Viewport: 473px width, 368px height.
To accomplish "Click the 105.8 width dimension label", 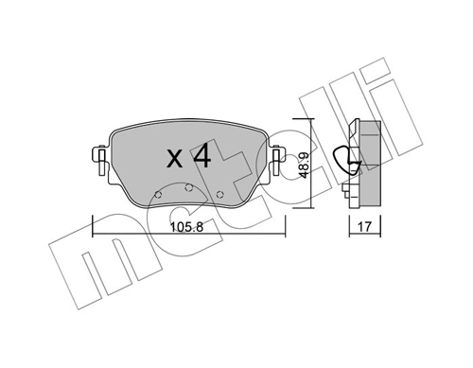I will click(x=185, y=228).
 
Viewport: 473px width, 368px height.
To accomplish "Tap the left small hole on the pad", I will click(x=158, y=196).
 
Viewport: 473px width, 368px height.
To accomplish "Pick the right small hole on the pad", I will click(x=219, y=196).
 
